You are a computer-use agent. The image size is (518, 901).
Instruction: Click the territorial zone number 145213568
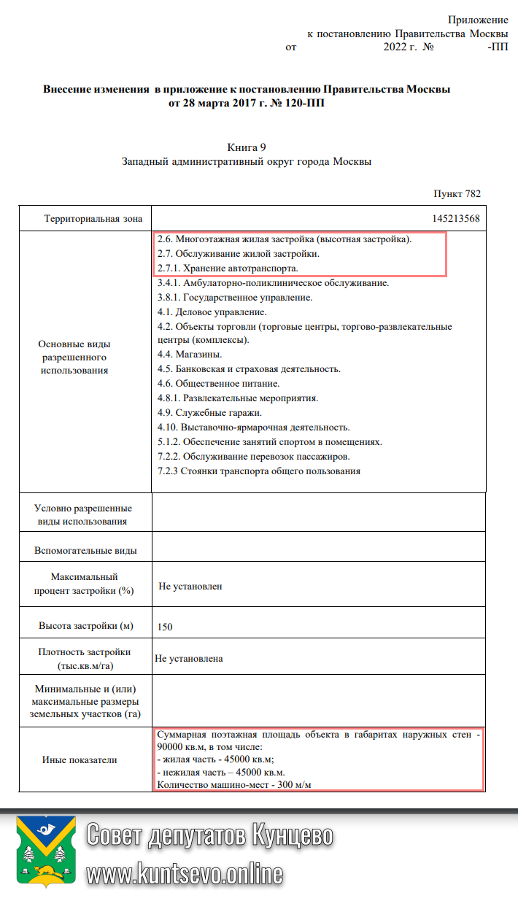455,218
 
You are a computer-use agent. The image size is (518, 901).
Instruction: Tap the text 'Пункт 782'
457,194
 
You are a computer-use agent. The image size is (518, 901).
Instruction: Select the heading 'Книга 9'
247,148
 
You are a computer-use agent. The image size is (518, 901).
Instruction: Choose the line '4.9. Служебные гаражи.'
199,413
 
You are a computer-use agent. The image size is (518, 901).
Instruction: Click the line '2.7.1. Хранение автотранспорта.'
228,269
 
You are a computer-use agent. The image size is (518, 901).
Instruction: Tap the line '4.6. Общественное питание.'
218,384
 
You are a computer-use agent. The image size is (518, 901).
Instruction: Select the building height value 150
165,627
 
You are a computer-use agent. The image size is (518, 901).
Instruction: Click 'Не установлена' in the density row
189,659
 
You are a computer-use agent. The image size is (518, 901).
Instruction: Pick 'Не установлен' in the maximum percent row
190,586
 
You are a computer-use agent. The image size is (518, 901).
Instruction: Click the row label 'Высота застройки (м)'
87,626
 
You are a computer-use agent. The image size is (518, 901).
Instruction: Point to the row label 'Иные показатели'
80,759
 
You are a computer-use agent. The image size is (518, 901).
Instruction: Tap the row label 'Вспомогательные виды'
85,551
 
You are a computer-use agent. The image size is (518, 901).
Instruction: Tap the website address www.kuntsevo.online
185,873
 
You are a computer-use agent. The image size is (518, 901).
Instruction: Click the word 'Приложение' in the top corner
478,20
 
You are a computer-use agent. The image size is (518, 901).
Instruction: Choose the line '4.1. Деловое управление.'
206,312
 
